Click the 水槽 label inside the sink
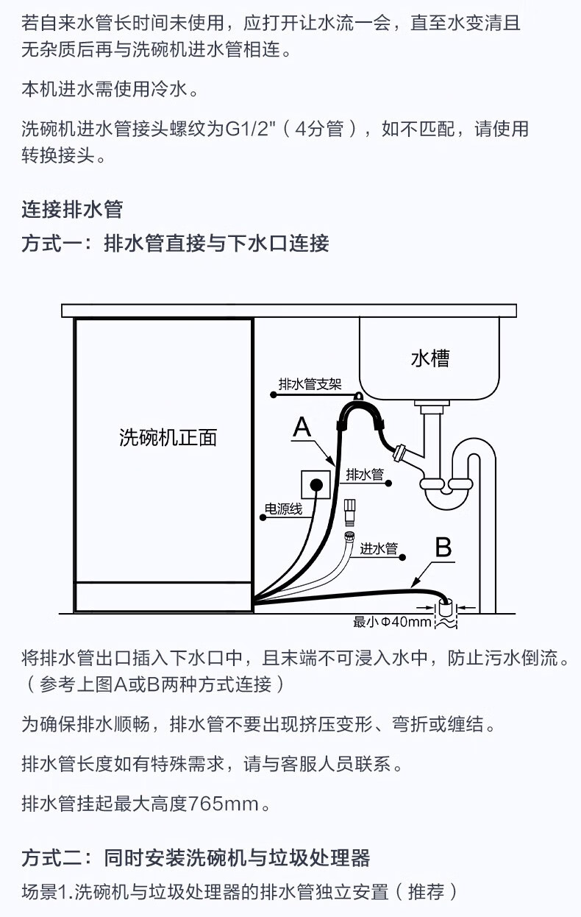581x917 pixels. tap(430, 358)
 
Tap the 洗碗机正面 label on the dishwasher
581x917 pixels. tap(168, 438)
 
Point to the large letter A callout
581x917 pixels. tap(302, 427)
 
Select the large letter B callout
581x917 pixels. tap(443, 548)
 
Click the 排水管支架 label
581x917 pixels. tap(310, 384)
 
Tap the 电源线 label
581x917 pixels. tap(283, 509)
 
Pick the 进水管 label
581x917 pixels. tap(379, 548)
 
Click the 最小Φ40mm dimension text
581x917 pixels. tap(391, 623)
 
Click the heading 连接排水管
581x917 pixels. tap(72, 210)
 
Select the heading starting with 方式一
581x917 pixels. tap(175, 243)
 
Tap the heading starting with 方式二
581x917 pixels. tap(196, 857)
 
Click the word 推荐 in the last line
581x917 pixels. tap(426, 892)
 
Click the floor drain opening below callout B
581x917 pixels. tap(446, 608)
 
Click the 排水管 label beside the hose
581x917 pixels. tap(366, 475)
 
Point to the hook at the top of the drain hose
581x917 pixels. tap(359, 398)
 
